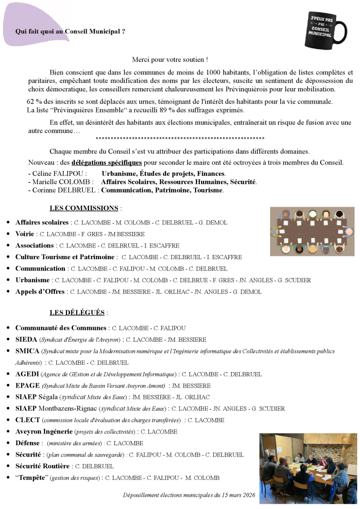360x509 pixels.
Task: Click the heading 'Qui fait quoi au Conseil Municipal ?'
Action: (x=70, y=32)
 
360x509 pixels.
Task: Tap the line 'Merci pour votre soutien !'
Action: (x=170, y=60)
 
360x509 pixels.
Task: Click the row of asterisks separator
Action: (x=180, y=139)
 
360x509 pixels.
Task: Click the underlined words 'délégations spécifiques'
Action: (x=106, y=163)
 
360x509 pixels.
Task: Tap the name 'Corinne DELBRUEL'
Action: (x=66, y=190)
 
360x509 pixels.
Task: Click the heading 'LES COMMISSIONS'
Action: (x=84, y=208)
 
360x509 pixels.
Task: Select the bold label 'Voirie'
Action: (x=25, y=234)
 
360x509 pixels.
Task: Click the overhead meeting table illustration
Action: (x=312, y=232)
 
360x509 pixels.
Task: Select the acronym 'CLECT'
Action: (x=28, y=420)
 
